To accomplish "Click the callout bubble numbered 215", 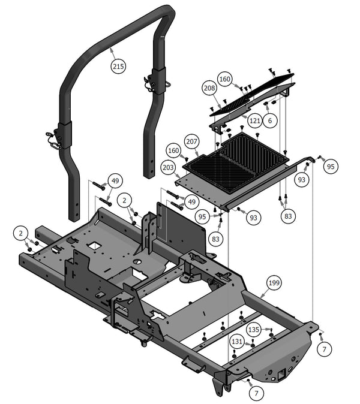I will pos(119,67).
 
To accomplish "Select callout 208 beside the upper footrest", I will pos(209,88).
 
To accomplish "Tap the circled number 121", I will pos(254,120).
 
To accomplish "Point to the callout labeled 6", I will pos(270,120).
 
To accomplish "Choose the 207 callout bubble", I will pos(191,141).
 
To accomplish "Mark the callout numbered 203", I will pos(169,169).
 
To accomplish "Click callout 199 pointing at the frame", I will pos(274,282).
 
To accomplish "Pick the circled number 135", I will pos(254,330).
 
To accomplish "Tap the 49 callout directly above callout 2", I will pos(115,180).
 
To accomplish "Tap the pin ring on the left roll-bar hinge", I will pos(55,144).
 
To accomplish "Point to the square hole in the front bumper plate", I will pos(280,375).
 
